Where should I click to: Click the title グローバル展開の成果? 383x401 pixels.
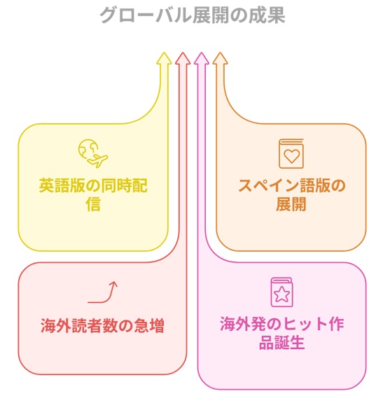pos(192,15)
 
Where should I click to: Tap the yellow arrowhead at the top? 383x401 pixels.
pos(164,58)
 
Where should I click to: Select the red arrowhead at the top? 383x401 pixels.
pos(183,58)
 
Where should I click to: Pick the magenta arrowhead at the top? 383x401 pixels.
pos(202,58)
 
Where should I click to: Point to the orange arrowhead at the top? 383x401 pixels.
pos(220,58)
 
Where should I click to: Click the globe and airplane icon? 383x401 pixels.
pos(93,154)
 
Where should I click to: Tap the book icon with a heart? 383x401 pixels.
pos(291,154)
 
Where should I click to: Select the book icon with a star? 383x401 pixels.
pos(281,292)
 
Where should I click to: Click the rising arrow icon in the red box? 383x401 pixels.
pos(103,292)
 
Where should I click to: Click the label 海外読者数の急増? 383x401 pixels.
pos(102,325)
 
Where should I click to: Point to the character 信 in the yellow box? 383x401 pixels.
pos(93,204)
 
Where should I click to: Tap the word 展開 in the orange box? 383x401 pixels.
pos(291,204)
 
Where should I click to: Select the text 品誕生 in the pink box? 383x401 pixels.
pos(281,343)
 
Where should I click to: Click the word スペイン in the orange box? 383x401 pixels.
pos(269,185)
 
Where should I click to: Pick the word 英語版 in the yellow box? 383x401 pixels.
pos(62,185)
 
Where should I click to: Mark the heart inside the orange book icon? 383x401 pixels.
pos(291,156)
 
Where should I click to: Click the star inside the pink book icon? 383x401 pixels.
pos(281,294)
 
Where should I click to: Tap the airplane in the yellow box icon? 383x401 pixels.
pos(98,161)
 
